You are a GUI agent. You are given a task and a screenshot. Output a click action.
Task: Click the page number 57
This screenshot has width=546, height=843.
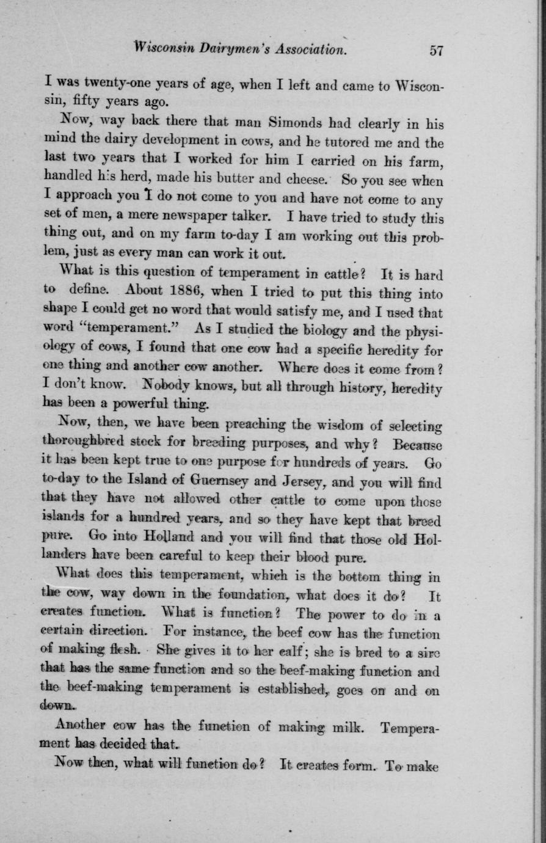[x=435, y=50]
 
